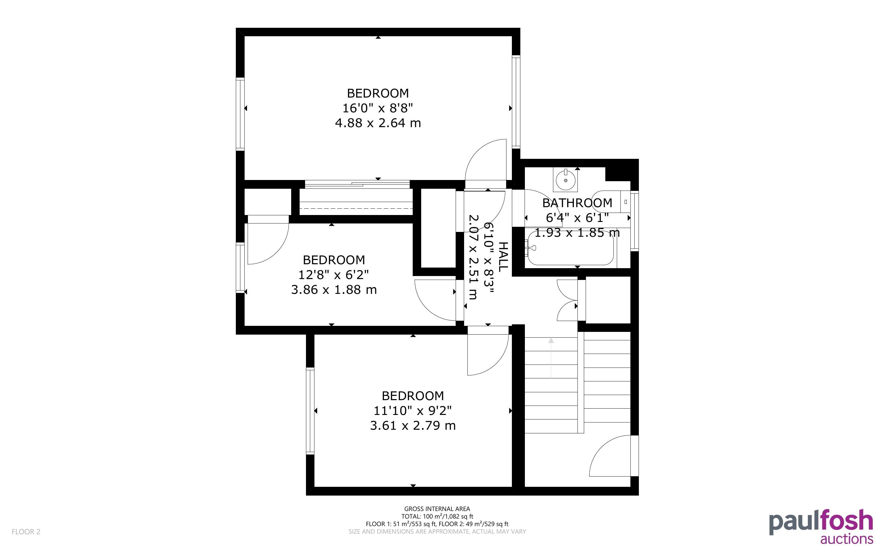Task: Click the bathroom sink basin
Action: click(x=565, y=179)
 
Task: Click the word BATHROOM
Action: click(x=577, y=203)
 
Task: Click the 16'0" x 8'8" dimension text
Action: click(x=378, y=108)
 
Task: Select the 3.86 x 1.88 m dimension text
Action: click(x=334, y=290)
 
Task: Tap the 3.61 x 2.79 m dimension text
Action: click(x=413, y=426)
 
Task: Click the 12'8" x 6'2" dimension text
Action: click(x=333, y=275)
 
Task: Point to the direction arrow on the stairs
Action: click(x=551, y=358)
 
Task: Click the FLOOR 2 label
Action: click(x=26, y=532)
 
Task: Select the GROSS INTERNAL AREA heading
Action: click(x=437, y=509)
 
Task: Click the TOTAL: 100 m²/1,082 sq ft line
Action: click(x=437, y=516)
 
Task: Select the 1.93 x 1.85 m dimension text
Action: click(x=577, y=233)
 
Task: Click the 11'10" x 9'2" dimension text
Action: click(x=413, y=411)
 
